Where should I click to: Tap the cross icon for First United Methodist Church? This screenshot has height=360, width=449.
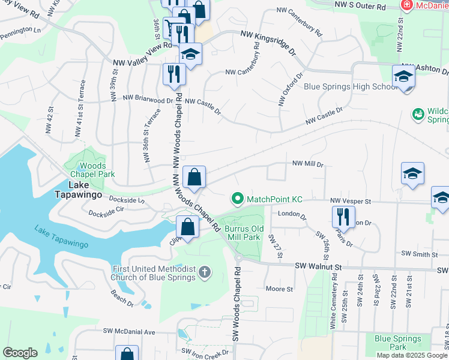[204, 273]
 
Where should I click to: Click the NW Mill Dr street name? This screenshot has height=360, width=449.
[308, 163]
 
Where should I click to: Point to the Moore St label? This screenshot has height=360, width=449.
[279, 289]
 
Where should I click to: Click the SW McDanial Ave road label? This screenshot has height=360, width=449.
[129, 331]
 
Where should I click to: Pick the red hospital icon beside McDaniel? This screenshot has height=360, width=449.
[406, 5]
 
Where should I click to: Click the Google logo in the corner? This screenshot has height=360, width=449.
[20, 353]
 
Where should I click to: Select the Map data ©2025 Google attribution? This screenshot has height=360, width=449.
[412, 355]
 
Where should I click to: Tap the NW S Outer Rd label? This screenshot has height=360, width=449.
[360, 5]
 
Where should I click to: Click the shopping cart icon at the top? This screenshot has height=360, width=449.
[173, 27]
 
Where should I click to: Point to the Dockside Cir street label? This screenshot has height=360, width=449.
[106, 212]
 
